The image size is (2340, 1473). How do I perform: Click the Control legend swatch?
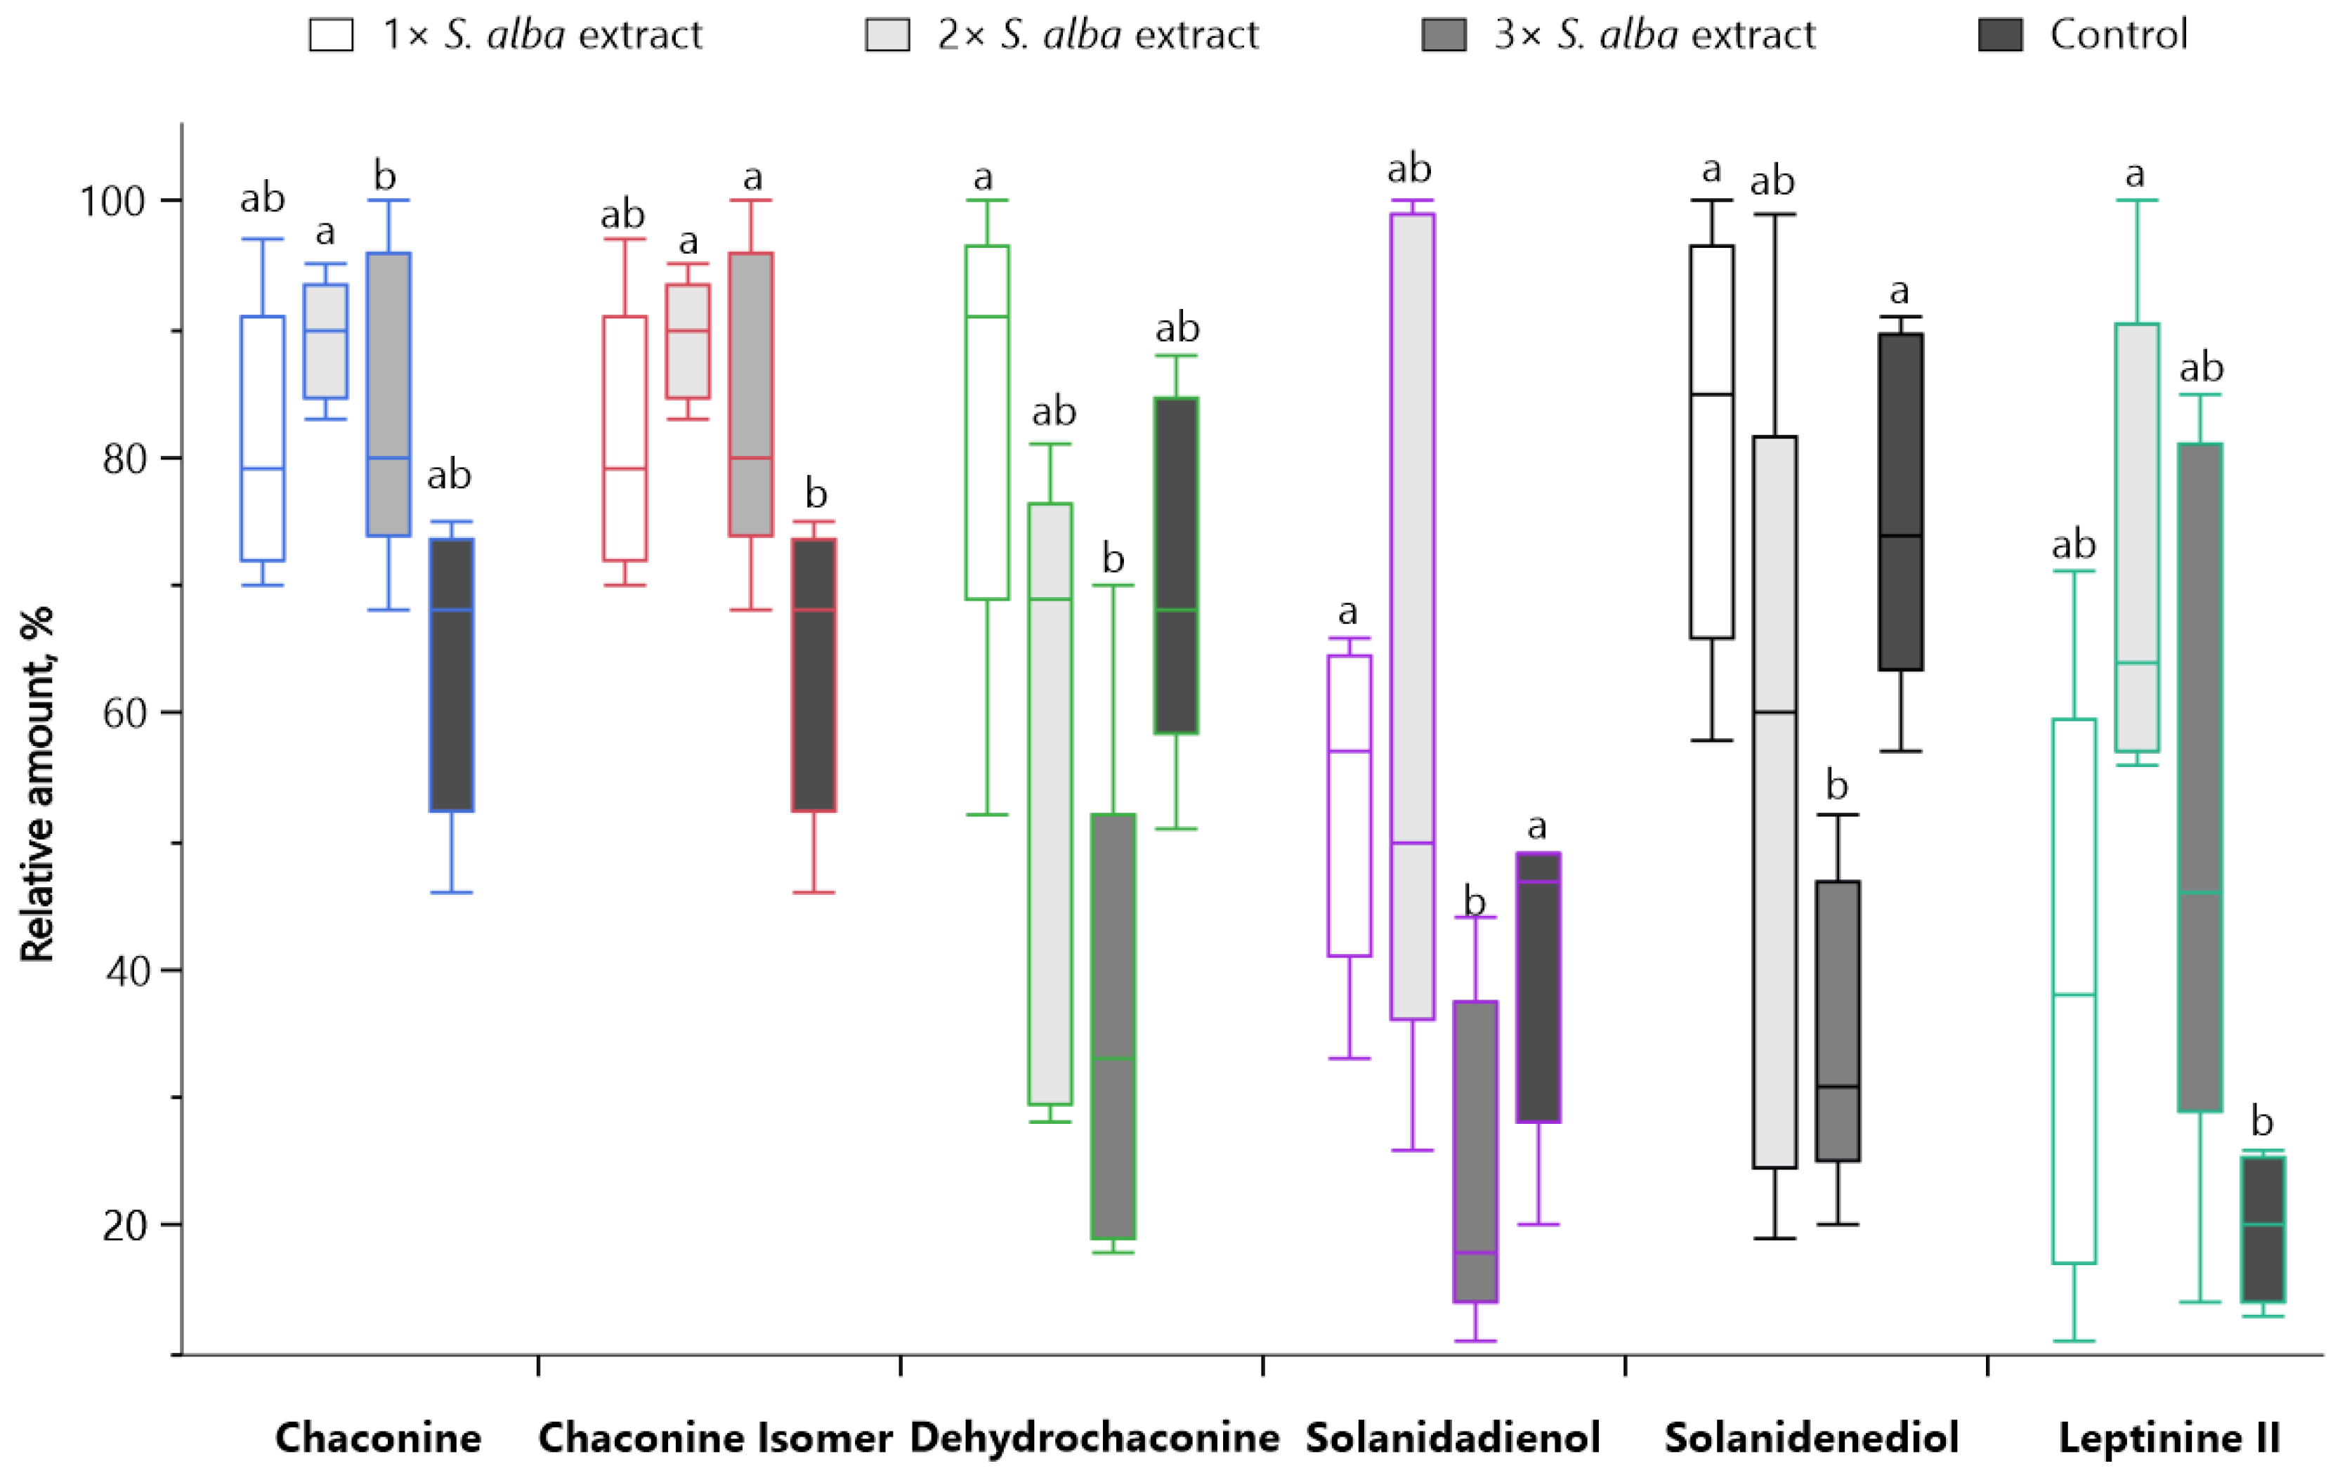(x=2000, y=35)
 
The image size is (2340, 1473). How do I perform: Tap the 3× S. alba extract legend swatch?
(x=1443, y=35)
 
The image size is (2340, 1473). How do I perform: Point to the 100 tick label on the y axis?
(x=111, y=201)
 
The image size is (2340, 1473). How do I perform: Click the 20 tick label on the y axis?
(x=124, y=1225)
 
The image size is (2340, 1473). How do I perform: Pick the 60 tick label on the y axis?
(x=124, y=712)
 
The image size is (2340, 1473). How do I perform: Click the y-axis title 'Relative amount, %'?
(x=37, y=783)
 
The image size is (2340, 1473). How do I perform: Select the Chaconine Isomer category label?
(x=715, y=1437)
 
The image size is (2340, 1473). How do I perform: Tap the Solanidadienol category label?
(x=1452, y=1437)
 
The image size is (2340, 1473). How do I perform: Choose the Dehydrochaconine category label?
(x=1094, y=1437)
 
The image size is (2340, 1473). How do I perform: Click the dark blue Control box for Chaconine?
(x=452, y=674)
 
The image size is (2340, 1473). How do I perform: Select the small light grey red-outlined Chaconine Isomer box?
(x=688, y=341)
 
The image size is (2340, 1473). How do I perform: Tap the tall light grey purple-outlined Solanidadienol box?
(x=1412, y=616)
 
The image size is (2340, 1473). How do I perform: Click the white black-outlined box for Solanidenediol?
(x=1711, y=442)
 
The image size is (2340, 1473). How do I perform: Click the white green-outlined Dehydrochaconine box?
(x=986, y=423)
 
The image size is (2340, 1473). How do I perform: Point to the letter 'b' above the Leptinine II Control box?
(x=2262, y=1122)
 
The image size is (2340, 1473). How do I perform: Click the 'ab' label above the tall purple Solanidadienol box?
(x=1409, y=169)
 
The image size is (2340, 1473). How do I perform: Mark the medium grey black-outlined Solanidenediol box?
(x=1838, y=1020)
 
